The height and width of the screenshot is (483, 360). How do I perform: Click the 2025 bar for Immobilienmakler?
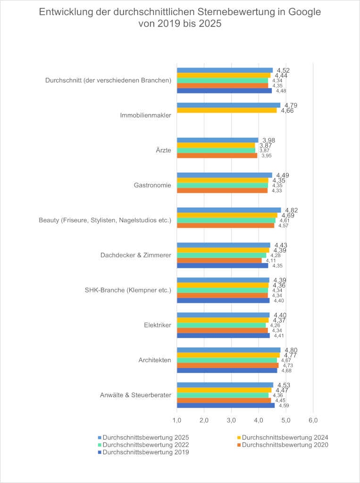[228, 105]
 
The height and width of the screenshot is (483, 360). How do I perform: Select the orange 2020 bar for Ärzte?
[217, 155]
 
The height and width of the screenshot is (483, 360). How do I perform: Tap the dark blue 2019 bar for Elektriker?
[223, 335]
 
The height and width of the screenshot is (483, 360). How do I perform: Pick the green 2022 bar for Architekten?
[227, 360]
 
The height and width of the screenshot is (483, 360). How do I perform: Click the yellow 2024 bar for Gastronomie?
[222, 180]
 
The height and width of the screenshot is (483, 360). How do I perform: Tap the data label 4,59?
[284, 405]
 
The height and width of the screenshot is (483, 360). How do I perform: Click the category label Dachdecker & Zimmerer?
[135, 255]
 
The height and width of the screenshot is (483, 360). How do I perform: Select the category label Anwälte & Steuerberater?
[135, 395]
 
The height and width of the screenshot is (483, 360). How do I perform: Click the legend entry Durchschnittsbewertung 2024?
[285, 437]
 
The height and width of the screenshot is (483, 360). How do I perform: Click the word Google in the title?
[297, 12]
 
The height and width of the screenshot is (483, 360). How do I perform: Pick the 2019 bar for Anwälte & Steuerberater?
[226, 405]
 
